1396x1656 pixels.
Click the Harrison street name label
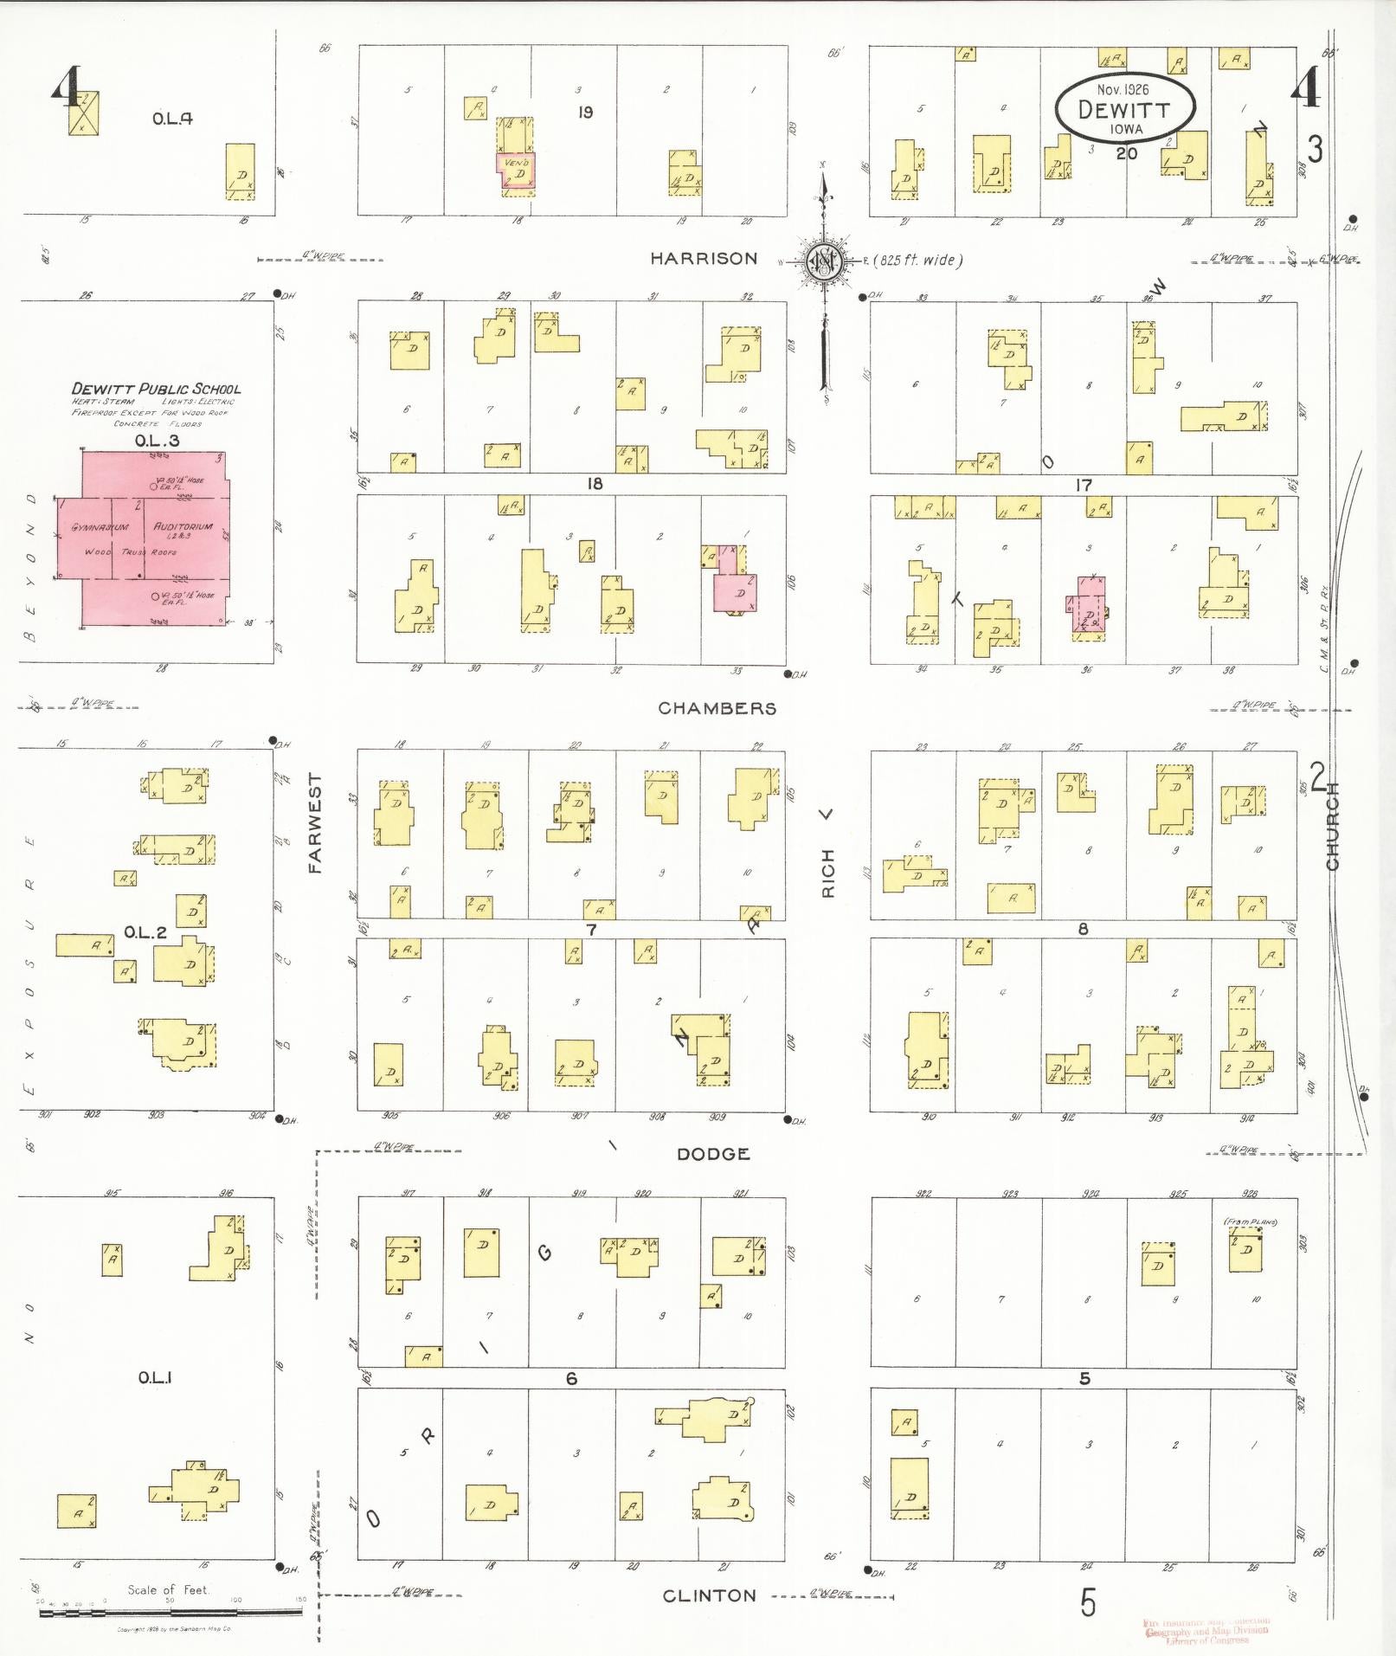point(704,259)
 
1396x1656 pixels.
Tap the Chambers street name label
point(717,708)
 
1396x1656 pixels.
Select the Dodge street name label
point(713,1154)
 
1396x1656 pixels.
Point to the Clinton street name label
point(709,1595)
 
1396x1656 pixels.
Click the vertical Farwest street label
point(315,822)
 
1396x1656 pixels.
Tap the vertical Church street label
point(1332,826)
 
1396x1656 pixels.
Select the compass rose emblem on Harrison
point(823,261)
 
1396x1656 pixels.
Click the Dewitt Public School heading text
point(156,390)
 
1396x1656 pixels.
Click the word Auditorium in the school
point(183,526)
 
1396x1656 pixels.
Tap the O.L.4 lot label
point(172,119)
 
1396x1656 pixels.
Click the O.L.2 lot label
point(145,932)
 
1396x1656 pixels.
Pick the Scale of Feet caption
point(168,1589)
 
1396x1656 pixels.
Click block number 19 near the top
point(585,112)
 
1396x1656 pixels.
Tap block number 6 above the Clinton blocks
point(571,1378)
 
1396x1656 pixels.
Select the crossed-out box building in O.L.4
point(84,113)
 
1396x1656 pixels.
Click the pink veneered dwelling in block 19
point(518,169)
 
